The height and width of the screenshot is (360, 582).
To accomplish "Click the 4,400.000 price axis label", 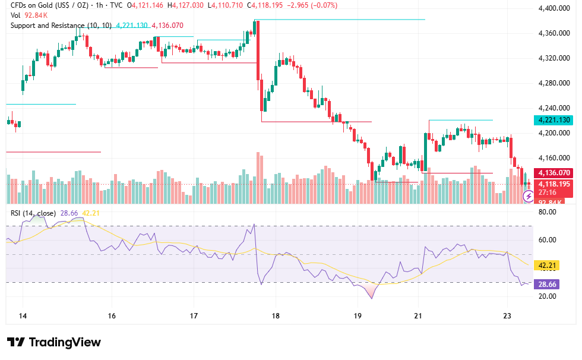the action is point(553,8).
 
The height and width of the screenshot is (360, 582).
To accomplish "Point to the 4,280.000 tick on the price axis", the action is point(553,83).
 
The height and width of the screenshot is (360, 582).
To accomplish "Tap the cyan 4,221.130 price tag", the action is point(553,120).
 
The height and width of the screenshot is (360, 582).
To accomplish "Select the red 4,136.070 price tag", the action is point(553,173).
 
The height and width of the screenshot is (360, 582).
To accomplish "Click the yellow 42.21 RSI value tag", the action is point(546,266).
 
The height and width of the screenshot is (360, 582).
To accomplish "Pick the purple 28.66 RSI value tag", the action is point(546,285).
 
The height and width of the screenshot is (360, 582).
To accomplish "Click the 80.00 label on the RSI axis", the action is point(547,212).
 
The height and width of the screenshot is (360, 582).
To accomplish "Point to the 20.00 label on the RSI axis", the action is point(547,296).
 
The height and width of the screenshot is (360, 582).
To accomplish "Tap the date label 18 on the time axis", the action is point(276,316).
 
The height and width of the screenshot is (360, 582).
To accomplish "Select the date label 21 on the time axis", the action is point(418,316).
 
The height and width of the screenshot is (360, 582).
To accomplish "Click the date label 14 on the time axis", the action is point(23,316).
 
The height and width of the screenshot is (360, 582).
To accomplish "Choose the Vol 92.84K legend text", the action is point(29,15).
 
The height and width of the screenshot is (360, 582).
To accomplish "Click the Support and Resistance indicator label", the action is point(61,26).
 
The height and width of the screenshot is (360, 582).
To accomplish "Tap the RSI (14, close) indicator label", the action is point(33,213).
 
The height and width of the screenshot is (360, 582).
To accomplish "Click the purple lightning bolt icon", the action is point(528,196).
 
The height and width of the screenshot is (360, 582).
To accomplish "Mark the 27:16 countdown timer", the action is point(548,192).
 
